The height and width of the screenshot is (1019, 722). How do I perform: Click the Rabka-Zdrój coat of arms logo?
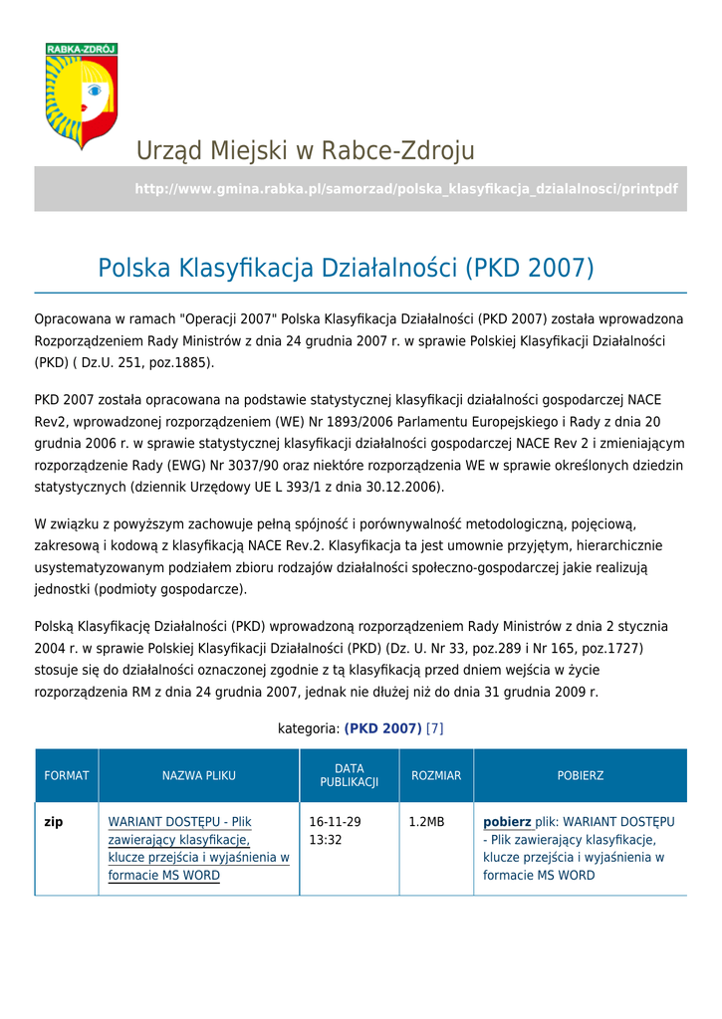pyautogui.click(x=82, y=96)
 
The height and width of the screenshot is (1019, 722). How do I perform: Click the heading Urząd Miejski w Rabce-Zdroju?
pyautogui.click(x=305, y=151)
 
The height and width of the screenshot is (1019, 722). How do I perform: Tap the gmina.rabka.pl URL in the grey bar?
pyautogui.click(x=405, y=189)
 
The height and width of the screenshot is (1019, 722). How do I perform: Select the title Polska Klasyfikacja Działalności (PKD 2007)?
pyautogui.click(x=346, y=268)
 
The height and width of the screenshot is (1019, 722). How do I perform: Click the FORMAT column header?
pyautogui.click(x=67, y=775)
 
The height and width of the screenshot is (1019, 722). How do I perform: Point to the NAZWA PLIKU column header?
pyautogui.click(x=199, y=775)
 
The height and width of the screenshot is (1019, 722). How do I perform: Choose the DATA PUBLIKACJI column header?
pyautogui.click(x=349, y=775)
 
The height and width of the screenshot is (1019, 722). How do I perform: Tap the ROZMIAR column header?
pyautogui.click(x=436, y=775)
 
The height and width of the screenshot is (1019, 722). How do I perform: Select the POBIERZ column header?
pyautogui.click(x=580, y=775)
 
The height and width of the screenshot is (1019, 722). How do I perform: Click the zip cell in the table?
pyautogui.click(x=54, y=823)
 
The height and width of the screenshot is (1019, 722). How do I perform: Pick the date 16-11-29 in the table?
pyautogui.click(x=335, y=823)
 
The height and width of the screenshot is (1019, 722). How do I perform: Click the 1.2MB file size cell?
pyautogui.click(x=426, y=823)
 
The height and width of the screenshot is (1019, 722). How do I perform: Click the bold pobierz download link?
pyautogui.click(x=507, y=823)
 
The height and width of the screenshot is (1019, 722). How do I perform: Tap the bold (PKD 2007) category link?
pyautogui.click(x=382, y=728)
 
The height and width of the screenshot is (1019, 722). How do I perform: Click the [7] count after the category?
pyautogui.click(x=434, y=728)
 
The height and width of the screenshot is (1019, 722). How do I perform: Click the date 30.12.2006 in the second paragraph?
pyautogui.click(x=407, y=487)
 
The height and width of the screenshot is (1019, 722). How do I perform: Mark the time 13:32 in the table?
pyautogui.click(x=326, y=841)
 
